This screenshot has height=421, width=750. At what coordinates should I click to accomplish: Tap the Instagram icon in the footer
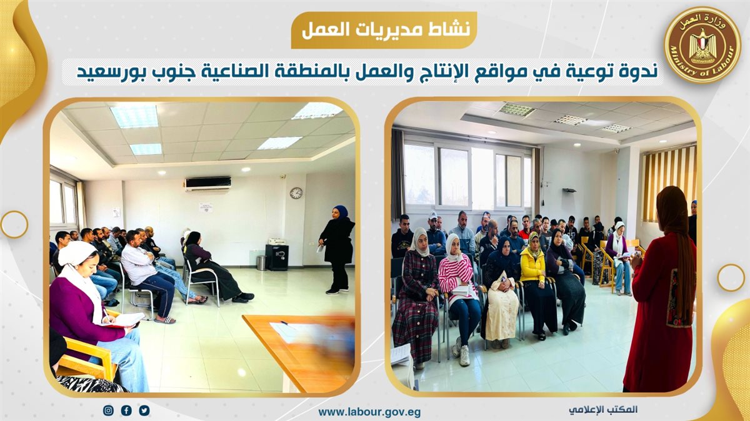point(108,410)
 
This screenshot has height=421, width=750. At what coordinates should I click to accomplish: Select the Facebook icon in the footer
point(126,410)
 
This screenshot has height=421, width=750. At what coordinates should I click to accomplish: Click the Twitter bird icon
point(144,410)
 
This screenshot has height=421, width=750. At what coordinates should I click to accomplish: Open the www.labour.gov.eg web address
point(369,412)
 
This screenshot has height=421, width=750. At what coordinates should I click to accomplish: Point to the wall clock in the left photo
point(296,193)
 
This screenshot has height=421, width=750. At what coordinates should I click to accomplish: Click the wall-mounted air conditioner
point(208,184)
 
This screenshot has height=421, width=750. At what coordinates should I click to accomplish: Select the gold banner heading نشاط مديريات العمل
point(386,30)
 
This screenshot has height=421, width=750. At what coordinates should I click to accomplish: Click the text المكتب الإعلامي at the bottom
point(602,410)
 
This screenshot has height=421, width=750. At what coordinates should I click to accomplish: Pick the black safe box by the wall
point(277,257)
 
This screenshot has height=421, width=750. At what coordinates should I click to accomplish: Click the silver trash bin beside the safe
point(261,263)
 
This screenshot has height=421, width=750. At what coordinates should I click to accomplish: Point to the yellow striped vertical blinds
point(669,184)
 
